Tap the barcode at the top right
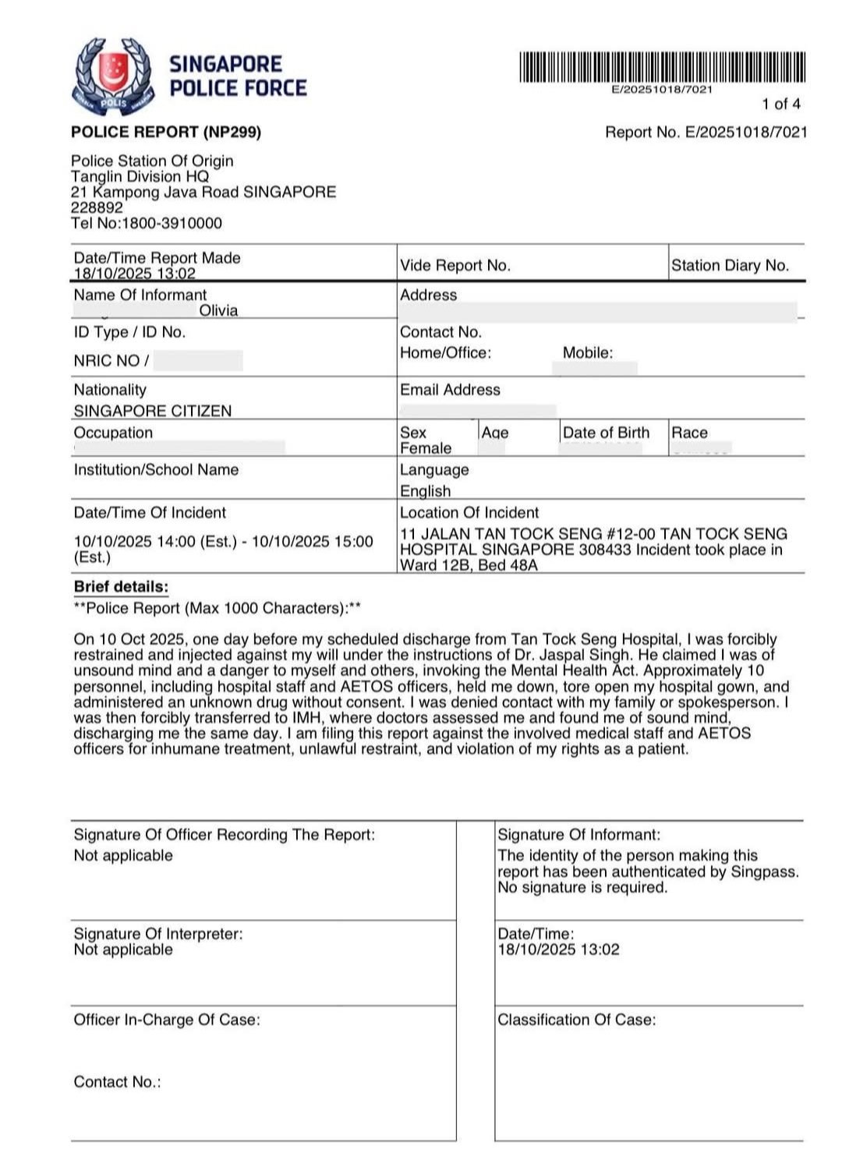coord(662,67)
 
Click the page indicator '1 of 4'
coord(780,104)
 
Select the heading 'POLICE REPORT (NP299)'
coord(166,132)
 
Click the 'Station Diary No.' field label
coord(730,265)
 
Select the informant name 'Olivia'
coord(218,310)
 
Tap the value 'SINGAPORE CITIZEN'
coord(153,411)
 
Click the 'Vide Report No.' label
coord(455,265)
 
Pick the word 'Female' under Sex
coord(426,448)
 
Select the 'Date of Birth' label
coord(606,433)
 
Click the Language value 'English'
coord(425,491)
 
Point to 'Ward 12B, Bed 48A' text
coord(469,565)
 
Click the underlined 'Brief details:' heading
coord(121,586)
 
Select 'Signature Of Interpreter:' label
coord(158,933)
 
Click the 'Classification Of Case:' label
coord(577,1020)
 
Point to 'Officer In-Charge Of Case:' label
coord(167,1020)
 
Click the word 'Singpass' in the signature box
coord(763,872)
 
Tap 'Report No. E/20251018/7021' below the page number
coord(706,133)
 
